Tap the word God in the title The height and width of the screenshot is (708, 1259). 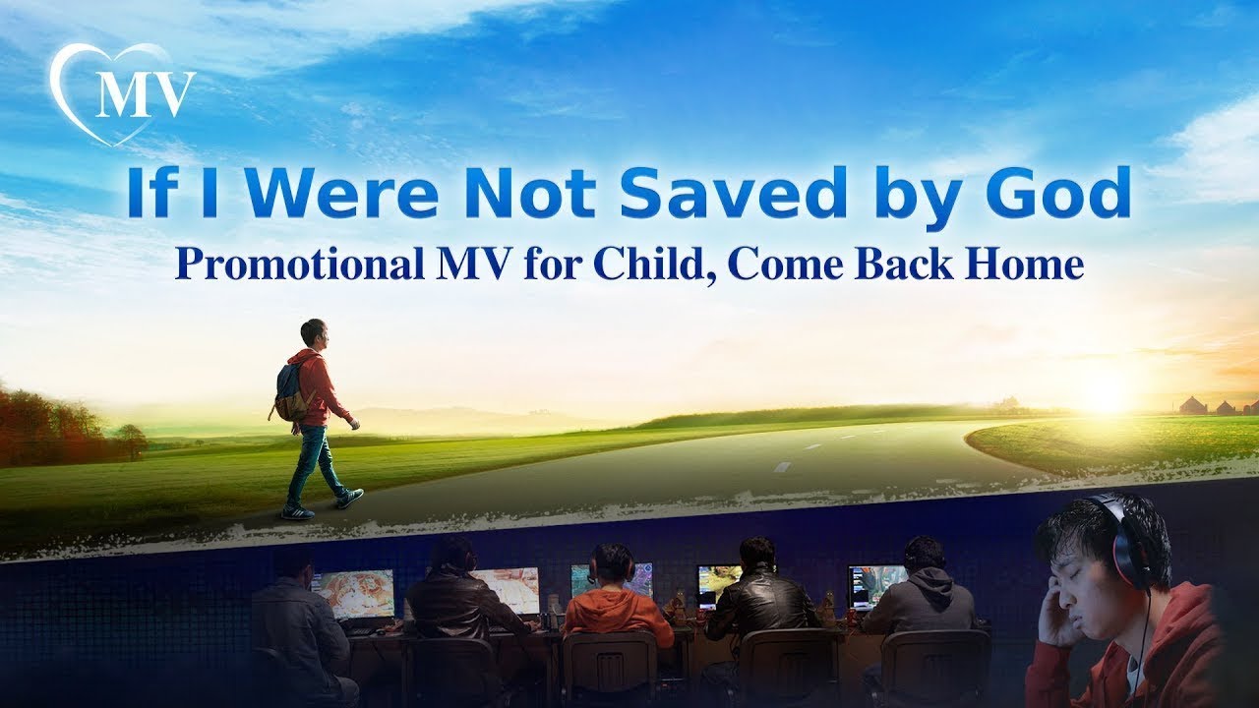1058,192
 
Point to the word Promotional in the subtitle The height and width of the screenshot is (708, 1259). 300,265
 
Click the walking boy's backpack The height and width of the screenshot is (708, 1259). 291,390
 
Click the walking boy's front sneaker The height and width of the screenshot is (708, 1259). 350,498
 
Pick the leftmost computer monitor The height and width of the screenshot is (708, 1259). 353,594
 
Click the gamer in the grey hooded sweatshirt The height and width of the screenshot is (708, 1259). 923,596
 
